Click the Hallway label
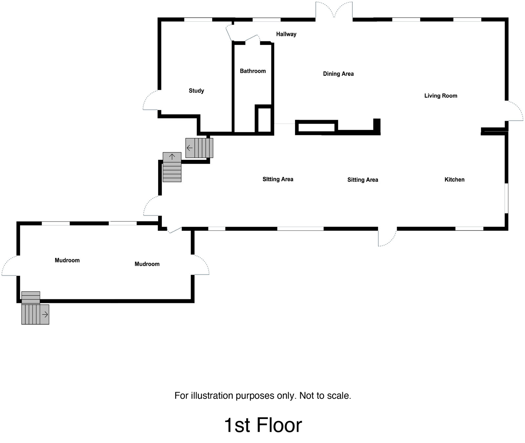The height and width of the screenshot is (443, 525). [x=286, y=34]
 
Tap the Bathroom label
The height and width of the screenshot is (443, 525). [x=253, y=71]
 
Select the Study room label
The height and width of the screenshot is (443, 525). [x=196, y=91]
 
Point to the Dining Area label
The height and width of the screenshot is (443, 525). [x=338, y=74]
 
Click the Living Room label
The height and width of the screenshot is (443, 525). [x=441, y=96]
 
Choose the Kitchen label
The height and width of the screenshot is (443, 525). [x=454, y=179]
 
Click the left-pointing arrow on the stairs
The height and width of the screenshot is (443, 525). [x=190, y=148]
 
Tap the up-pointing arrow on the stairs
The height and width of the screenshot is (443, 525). [x=172, y=157]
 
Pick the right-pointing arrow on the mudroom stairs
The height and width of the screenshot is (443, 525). [x=45, y=315]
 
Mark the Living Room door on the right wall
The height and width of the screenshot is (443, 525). [x=514, y=111]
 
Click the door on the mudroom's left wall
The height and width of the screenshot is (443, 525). [x=9, y=266]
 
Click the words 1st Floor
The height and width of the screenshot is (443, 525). [x=263, y=425]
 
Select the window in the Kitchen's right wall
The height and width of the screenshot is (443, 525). [x=506, y=198]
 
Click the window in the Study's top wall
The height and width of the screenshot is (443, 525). [x=198, y=20]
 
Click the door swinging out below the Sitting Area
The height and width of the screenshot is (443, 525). [x=387, y=238]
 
